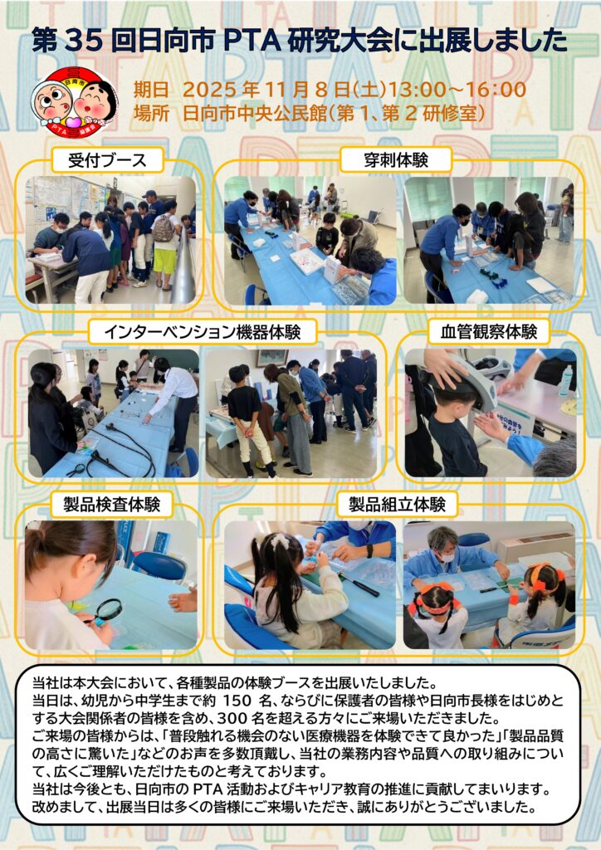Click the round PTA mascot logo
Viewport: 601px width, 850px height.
74,102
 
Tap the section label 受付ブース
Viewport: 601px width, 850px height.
107,160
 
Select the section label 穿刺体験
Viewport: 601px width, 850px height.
396,160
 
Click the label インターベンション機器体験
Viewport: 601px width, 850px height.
203,332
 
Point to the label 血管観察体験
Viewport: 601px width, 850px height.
489,332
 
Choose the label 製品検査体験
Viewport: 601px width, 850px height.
111,505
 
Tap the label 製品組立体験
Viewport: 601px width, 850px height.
397,505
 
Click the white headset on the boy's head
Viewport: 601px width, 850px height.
475,379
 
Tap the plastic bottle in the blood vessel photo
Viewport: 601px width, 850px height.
566,380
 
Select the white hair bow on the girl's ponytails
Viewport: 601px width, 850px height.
281,540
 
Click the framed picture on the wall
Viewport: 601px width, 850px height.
272,357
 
